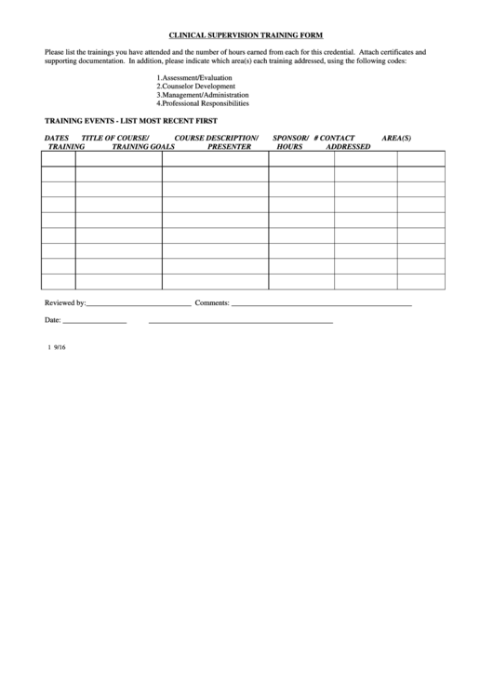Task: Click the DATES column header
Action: (57, 138)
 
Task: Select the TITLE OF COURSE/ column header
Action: (115, 138)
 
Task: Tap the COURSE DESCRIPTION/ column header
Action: (217, 138)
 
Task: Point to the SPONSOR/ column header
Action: (290, 138)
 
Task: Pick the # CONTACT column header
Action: (334, 138)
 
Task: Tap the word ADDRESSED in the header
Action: (348, 147)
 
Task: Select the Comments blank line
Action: (321, 304)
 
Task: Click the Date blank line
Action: (94, 322)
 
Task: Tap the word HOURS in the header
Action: (289, 147)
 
